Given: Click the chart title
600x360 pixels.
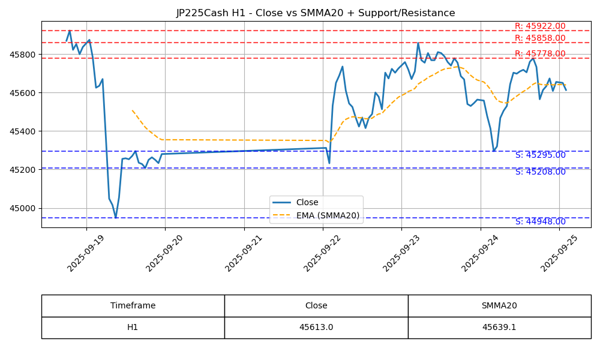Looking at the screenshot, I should click(316, 13).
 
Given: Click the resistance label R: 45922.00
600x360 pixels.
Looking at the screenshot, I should click(540, 26).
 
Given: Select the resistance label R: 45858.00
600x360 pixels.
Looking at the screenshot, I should click(540, 38).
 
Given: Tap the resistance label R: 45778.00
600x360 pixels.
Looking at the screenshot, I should click(540, 54).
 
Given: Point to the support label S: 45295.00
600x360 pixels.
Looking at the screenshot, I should click(540, 155).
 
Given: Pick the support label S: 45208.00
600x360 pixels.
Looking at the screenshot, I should click(540, 172).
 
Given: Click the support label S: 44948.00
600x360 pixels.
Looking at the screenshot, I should click(540, 222).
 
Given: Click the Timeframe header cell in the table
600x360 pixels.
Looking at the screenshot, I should click(133, 305).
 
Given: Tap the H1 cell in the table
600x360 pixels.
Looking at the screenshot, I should click(133, 328).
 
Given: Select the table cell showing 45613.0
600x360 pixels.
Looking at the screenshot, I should click(316, 328).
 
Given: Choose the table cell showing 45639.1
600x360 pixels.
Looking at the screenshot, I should click(499, 328).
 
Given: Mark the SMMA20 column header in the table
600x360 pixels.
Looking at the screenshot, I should click(499, 305).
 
